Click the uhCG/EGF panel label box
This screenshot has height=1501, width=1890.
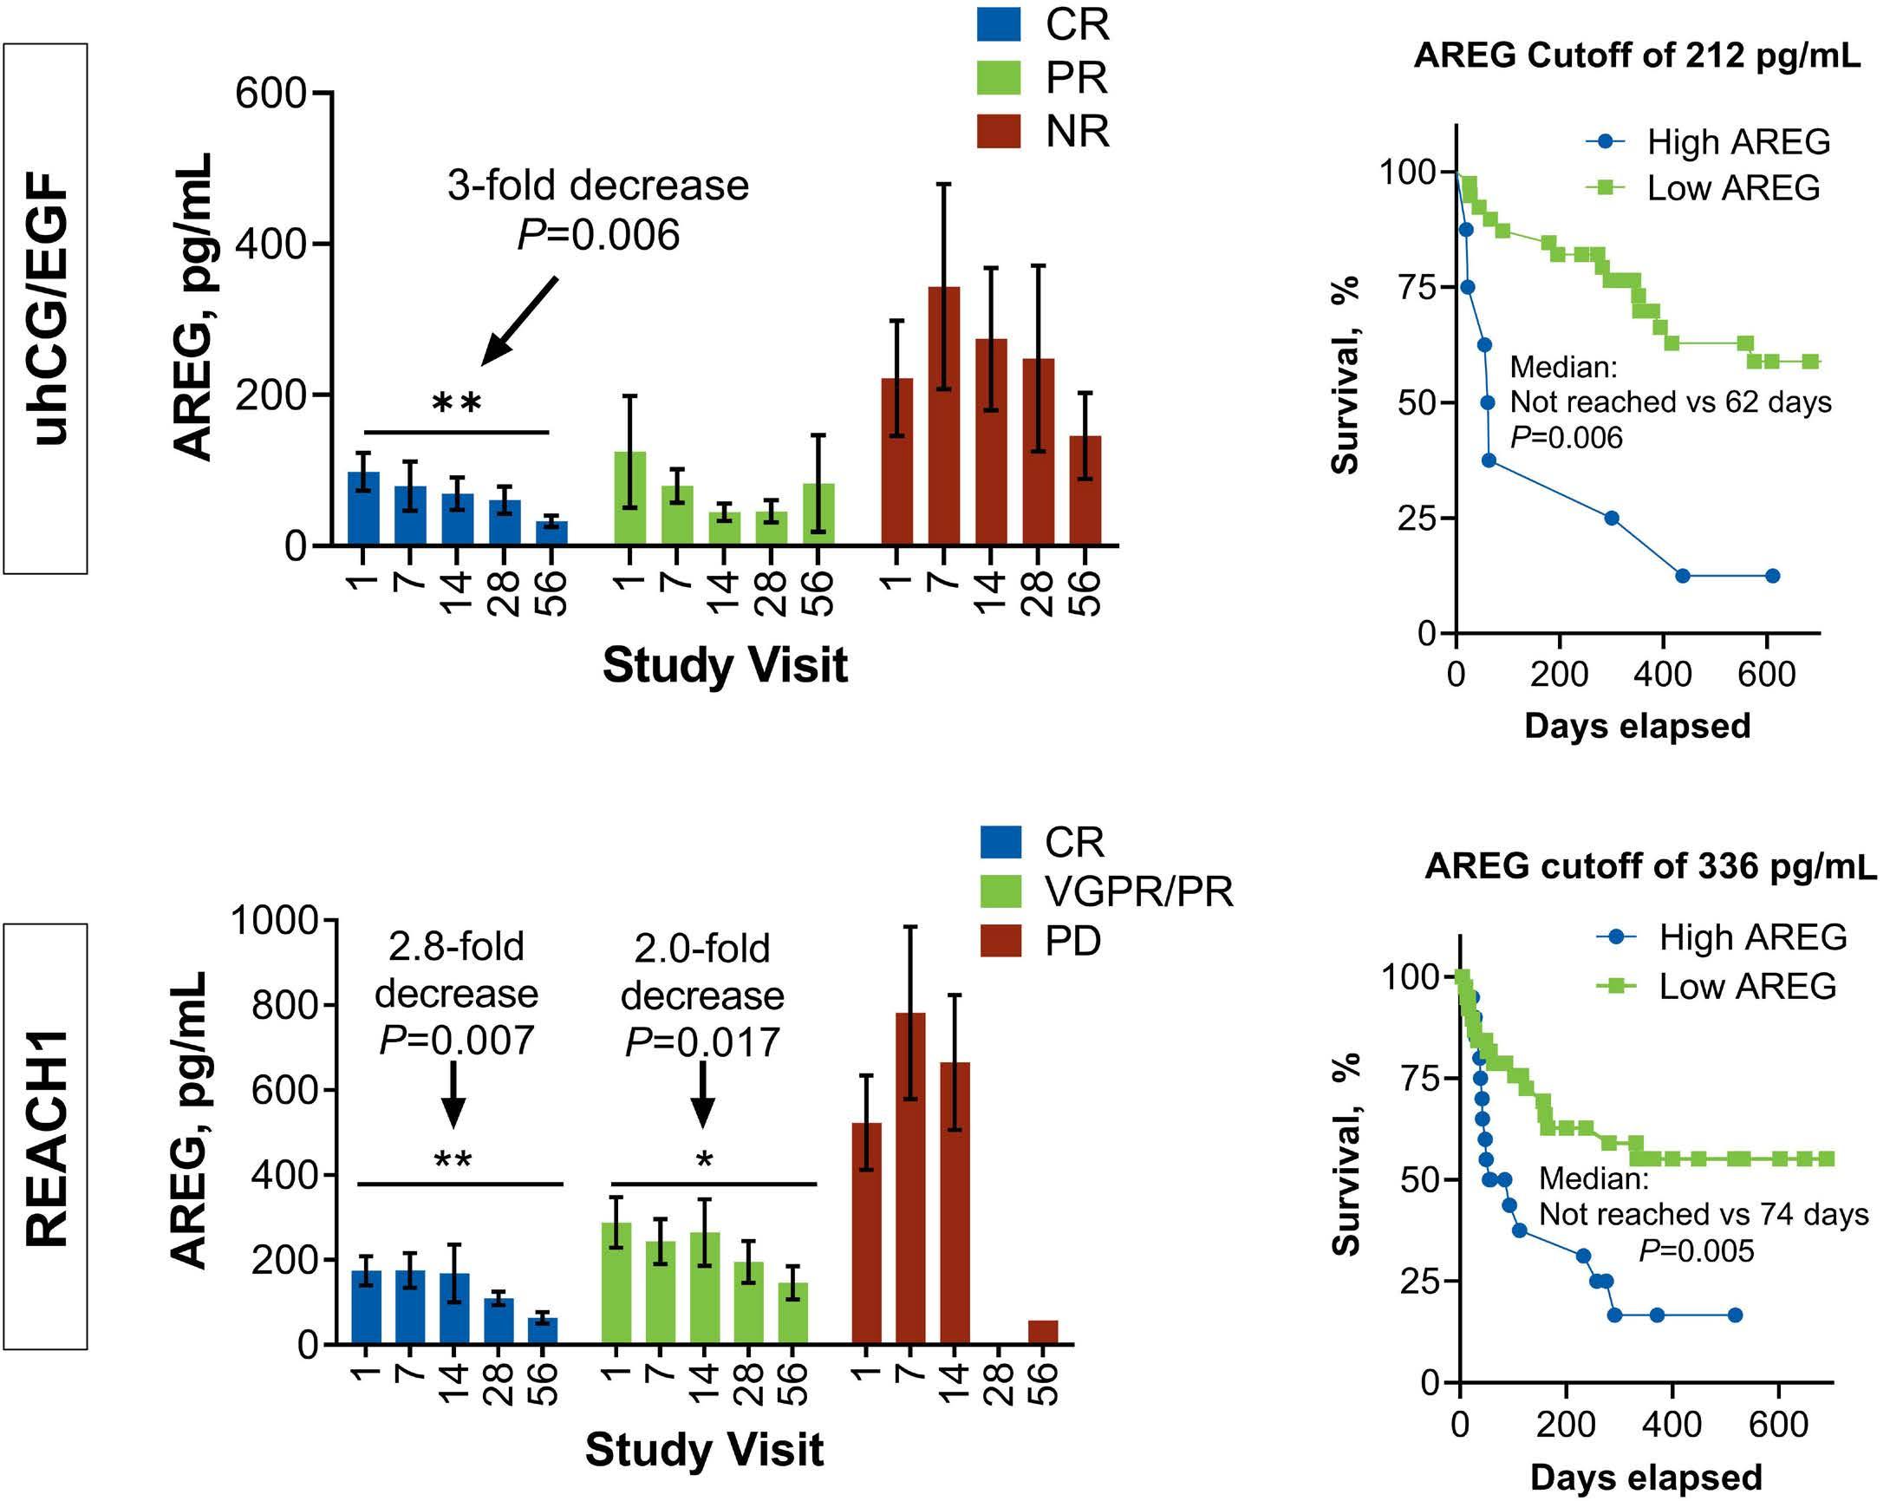click(x=45, y=309)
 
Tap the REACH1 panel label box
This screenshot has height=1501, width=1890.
click(x=45, y=1137)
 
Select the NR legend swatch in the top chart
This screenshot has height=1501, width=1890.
click(x=999, y=131)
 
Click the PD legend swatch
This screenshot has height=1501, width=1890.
click(x=1000, y=941)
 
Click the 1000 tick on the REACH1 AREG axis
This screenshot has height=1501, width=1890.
click(x=273, y=921)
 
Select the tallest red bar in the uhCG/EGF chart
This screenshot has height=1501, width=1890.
click(x=943, y=415)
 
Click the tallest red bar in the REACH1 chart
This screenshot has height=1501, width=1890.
click(x=910, y=1178)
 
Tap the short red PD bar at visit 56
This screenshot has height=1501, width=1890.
click(x=1042, y=1332)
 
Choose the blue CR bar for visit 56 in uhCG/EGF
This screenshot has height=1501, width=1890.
click(x=551, y=533)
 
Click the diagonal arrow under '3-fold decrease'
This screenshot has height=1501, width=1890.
click(x=519, y=320)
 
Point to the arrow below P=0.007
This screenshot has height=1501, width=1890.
click(x=453, y=1094)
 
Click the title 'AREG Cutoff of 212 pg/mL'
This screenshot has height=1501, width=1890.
click(x=1637, y=56)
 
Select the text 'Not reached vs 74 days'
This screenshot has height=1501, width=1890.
click(x=1704, y=1214)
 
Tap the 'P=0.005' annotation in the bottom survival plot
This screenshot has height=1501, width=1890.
click(x=1697, y=1251)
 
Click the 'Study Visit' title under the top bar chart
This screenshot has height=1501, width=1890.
click(x=724, y=665)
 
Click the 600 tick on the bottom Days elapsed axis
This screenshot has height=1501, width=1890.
click(x=1778, y=1425)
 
